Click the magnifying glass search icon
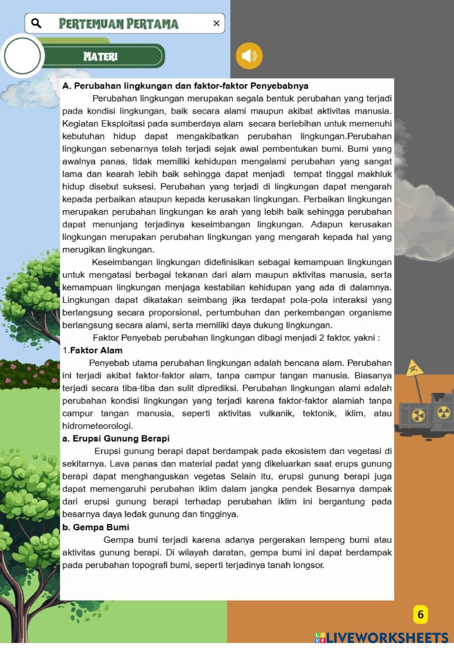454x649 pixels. (x=36, y=23)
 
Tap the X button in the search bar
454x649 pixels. (x=216, y=23)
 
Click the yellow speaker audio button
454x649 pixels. (x=249, y=56)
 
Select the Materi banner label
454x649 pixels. (x=100, y=56)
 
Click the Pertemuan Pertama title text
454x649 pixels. (x=119, y=24)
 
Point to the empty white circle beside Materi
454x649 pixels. (x=22, y=56)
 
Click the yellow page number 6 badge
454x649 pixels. (x=420, y=614)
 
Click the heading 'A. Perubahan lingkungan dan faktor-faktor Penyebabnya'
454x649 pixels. (x=185, y=86)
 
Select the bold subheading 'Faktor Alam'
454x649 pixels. (x=96, y=350)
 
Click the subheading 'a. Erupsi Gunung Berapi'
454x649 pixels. (x=116, y=438)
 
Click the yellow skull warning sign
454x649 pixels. (x=414, y=368)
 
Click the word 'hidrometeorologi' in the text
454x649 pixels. (x=97, y=426)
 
